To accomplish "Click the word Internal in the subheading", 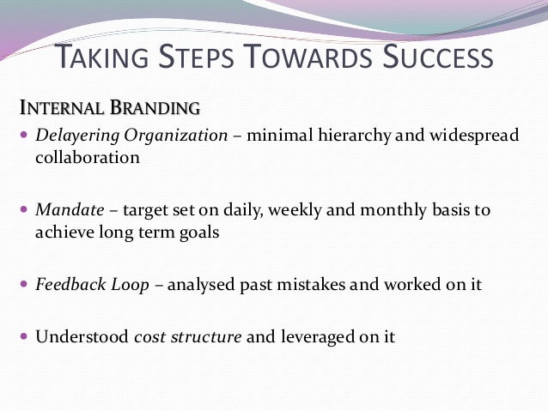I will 59,109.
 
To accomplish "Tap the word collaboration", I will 87,158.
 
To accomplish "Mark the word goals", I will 198,233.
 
